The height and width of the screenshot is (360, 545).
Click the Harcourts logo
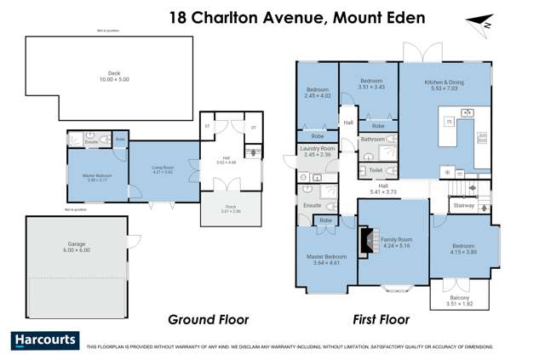point(45,340)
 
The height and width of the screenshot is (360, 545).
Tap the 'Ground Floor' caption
point(209,320)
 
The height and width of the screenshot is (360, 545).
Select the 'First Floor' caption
point(381,320)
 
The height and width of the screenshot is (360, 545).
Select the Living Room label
point(162,170)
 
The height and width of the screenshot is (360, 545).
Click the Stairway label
point(463,205)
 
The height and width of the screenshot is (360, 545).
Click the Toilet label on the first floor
point(376,170)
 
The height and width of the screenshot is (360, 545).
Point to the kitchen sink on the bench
point(467,112)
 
